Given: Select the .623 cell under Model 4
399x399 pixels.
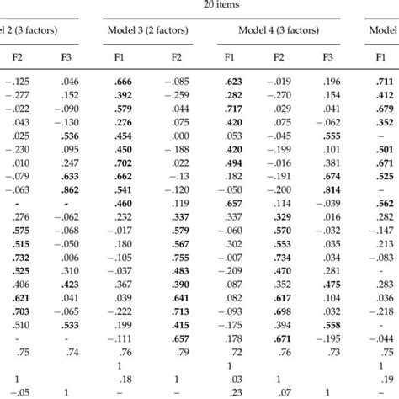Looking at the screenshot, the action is [x=233, y=82].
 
